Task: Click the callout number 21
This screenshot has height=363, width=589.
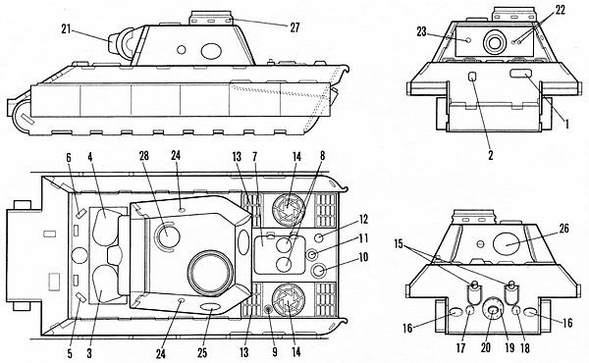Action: click(x=66, y=29)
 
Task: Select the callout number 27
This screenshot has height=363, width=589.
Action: click(x=294, y=27)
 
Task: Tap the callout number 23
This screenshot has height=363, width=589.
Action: click(x=421, y=31)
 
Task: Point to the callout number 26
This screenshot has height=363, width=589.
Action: click(x=564, y=229)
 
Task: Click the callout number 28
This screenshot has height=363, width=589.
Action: click(x=144, y=156)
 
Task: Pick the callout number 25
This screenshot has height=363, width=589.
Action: click(x=202, y=353)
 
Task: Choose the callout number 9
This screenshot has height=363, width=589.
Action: click(x=275, y=352)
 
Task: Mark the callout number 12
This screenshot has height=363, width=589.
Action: click(x=363, y=219)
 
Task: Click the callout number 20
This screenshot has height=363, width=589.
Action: click(x=486, y=347)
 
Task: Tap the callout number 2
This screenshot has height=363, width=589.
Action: click(x=491, y=155)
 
